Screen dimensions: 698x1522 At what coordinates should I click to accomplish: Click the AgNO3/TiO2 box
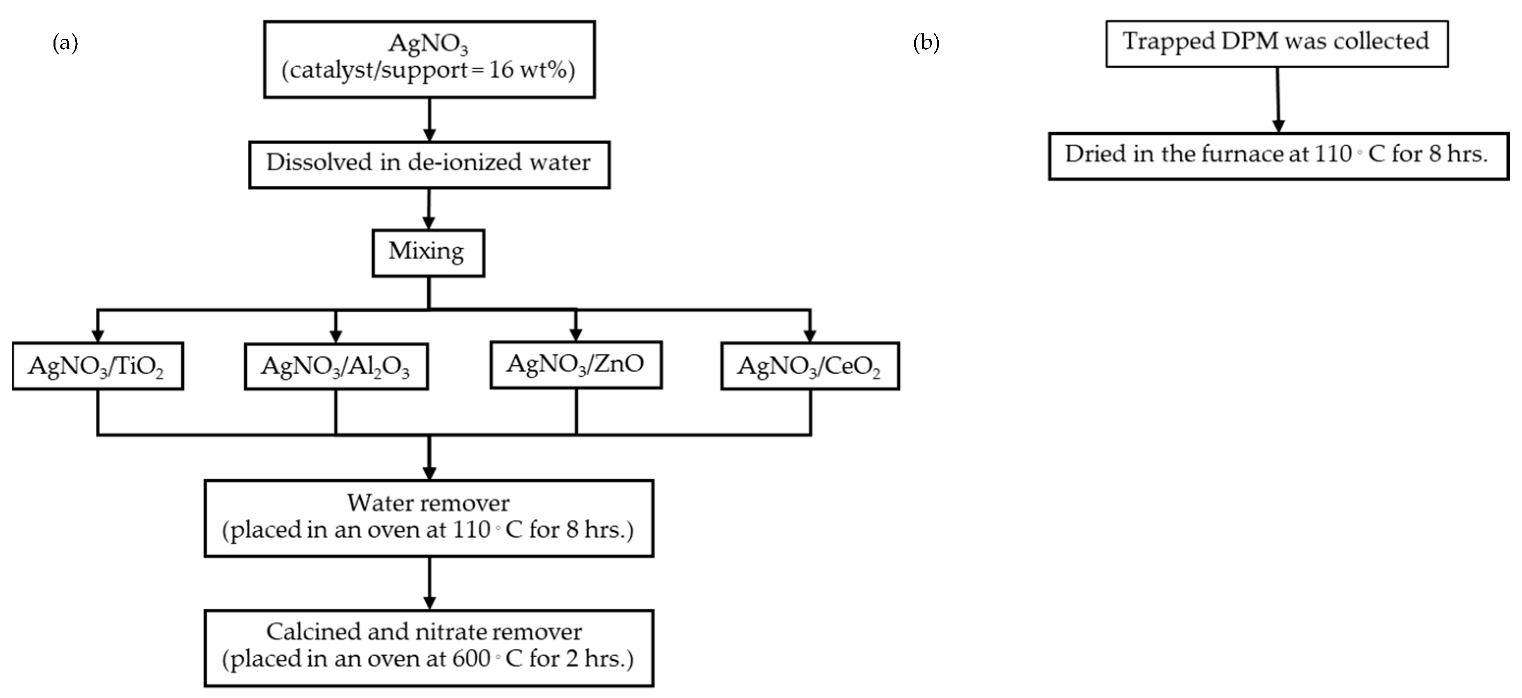click(98, 366)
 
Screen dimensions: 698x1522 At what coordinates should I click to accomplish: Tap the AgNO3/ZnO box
click(575, 364)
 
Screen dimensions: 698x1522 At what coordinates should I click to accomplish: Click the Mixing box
click(428, 253)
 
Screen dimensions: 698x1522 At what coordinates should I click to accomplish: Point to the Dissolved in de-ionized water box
click(429, 164)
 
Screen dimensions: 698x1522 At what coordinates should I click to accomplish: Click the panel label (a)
click(65, 43)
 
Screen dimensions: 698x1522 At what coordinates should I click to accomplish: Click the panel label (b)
click(926, 43)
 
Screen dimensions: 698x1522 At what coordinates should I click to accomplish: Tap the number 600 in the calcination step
click(471, 658)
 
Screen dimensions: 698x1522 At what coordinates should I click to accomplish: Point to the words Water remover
click(428, 503)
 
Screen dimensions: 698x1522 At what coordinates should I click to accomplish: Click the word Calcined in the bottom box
click(313, 632)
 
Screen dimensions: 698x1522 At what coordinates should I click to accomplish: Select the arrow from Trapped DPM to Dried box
click(1277, 99)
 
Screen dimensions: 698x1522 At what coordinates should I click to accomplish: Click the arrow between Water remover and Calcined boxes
click(430, 582)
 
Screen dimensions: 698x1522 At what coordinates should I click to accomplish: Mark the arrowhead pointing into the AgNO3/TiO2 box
click(98, 336)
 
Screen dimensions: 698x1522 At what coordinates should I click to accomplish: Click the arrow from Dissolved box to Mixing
click(429, 208)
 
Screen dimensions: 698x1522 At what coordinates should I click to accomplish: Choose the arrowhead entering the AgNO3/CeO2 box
click(810, 336)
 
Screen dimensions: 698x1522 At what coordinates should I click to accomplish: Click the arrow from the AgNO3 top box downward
click(430, 119)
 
